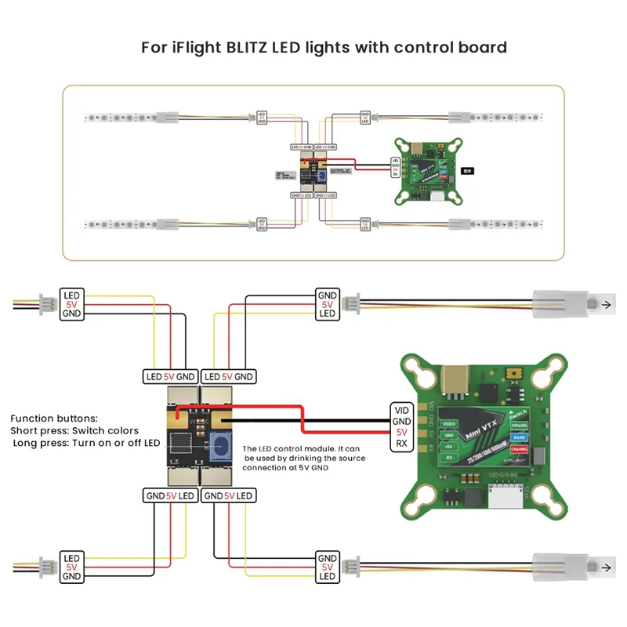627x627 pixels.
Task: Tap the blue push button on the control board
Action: [x=220, y=448]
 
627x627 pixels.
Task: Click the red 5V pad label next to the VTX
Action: [x=400, y=432]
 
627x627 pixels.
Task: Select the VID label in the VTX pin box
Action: [x=400, y=409]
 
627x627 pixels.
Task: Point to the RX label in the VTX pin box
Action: [x=400, y=444]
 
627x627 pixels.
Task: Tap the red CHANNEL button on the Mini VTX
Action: [x=520, y=451]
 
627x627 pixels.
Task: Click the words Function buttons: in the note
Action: [x=53, y=419]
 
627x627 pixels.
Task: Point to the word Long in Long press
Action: [x=27, y=443]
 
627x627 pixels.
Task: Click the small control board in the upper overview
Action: [x=313, y=168]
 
